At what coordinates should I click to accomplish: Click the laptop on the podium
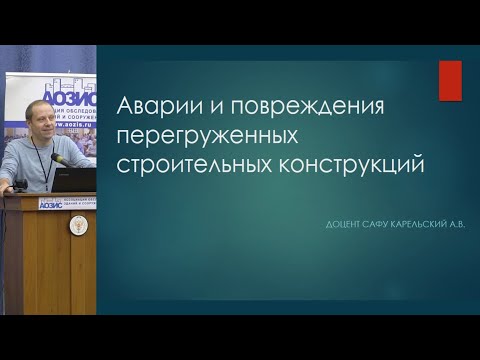(75, 180)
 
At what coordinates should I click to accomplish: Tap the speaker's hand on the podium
(20, 184)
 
